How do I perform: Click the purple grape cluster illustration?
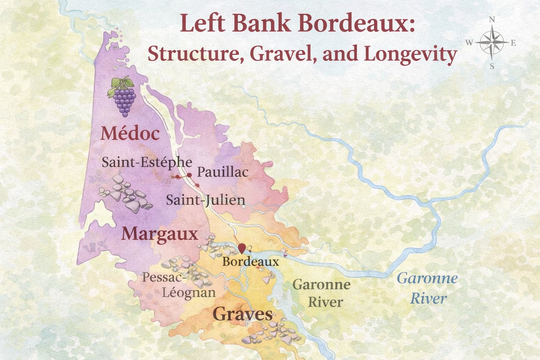(124, 99)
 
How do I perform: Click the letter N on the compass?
(492, 19)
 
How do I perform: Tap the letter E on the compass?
(513, 43)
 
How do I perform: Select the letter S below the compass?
(492, 66)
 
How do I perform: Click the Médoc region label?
(130, 134)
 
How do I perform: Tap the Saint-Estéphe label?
(147, 162)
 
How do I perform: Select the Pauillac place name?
(222, 172)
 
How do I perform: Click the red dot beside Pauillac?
(189, 175)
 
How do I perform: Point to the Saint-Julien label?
(206, 200)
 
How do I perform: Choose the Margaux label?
(159, 233)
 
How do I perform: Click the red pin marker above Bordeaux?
(242, 247)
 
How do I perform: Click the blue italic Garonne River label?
(427, 288)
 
